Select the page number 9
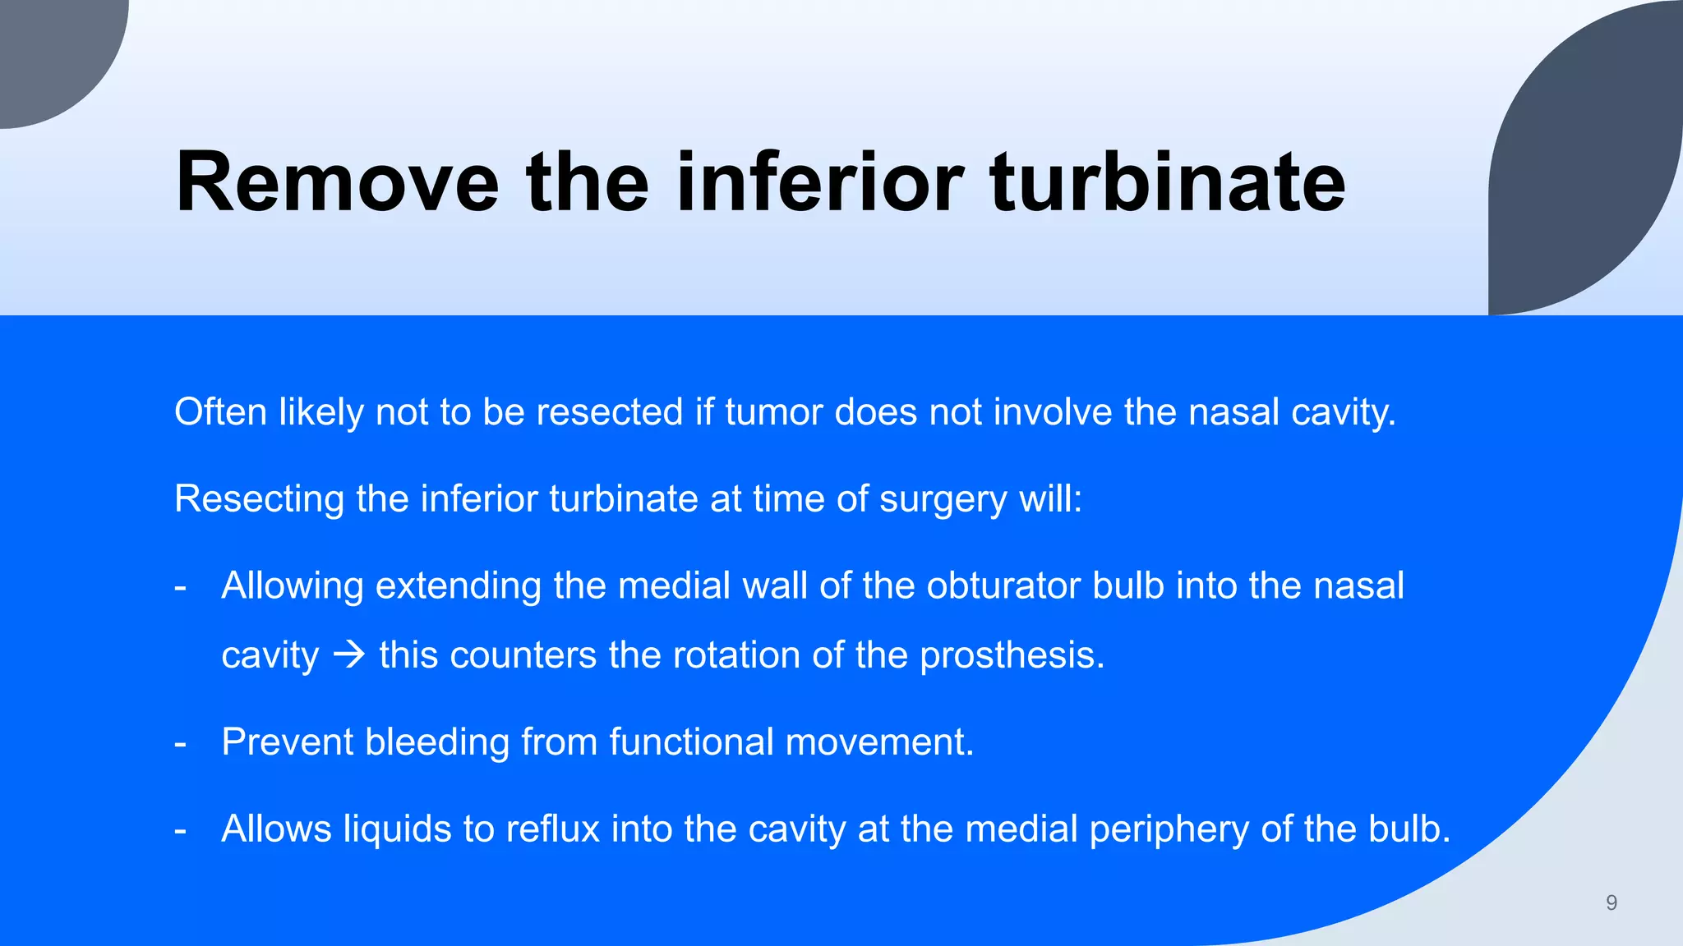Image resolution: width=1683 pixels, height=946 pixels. point(1612,902)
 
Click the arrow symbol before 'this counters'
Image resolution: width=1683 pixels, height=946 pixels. point(349,654)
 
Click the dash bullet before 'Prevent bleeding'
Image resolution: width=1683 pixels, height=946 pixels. point(181,743)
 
